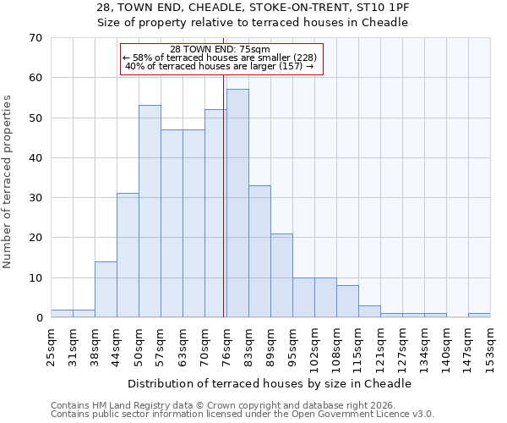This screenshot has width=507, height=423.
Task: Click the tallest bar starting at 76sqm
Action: (x=237, y=203)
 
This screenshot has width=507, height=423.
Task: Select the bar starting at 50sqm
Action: (x=150, y=211)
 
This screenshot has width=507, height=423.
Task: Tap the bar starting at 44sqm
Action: (x=128, y=255)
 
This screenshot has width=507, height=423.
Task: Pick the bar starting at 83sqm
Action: (x=259, y=251)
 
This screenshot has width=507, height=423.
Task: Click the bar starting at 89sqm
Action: (x=281, y=276)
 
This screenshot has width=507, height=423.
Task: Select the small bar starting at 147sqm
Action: (x=479, y=315)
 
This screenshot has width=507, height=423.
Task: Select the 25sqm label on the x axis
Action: (x=51, y=343)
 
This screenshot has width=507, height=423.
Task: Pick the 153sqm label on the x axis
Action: (x=490, y=344)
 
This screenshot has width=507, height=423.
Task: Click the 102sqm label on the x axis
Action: (x=314, y=344)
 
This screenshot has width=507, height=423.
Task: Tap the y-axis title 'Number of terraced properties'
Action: (x=8, y=182)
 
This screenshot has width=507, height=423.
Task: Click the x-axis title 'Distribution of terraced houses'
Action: (x=270, y=383)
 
